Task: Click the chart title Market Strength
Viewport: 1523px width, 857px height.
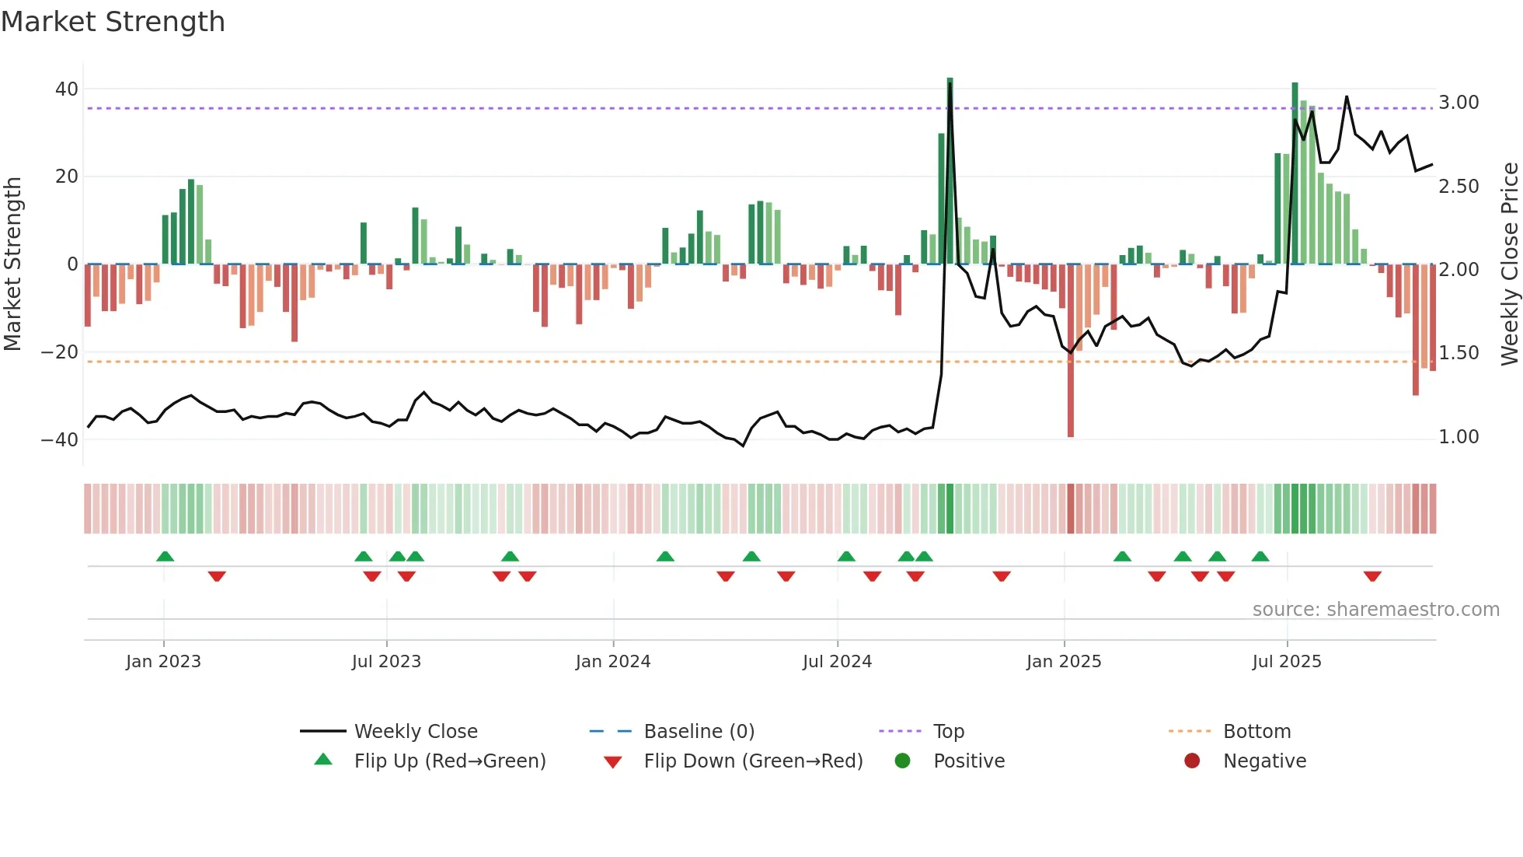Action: (113, 22)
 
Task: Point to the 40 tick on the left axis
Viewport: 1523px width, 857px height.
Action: (67, 89)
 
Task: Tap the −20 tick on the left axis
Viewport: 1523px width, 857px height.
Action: (61, 352)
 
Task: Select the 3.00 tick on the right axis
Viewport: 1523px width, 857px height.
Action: (1459, 103)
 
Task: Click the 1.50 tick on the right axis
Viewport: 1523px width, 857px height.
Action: (1459, 353)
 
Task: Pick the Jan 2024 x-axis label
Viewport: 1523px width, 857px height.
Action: (613, 662)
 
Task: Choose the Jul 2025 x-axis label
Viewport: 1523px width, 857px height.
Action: (1287, 662)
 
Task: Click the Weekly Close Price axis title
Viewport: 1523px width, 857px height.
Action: (1509, 264)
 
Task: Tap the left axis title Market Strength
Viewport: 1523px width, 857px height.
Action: (12, 264)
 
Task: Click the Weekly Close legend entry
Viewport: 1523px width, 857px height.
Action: (416, 732)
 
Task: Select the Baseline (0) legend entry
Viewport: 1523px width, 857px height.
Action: (699, 732)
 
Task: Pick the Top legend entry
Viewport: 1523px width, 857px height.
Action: (948, 732)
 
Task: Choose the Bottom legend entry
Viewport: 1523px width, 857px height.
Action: (1256, 732)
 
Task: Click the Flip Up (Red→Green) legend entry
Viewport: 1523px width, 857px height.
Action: (450, 761)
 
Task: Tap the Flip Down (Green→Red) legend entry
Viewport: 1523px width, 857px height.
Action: (753, 761)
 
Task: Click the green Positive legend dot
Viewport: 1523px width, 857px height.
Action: (902, 761)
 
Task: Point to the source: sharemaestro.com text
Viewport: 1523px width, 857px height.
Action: (1375, 610)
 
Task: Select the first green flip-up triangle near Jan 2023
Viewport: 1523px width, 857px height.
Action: (165, 557)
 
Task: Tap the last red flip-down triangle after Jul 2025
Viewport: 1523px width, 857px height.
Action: (1372, 576)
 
